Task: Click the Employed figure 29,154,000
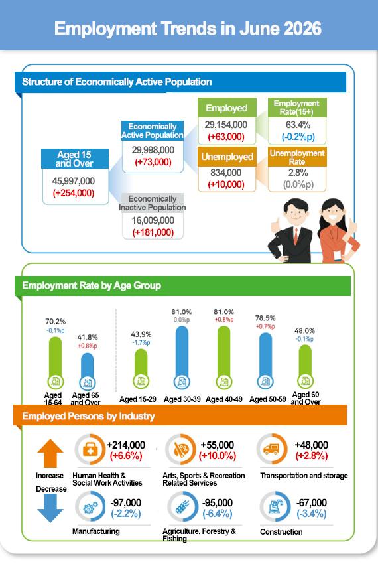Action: (226, 125)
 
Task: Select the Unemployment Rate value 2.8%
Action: (298, 173)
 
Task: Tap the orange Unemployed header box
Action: (227, 157)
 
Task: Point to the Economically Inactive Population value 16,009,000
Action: (153, 220)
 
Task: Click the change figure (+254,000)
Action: (74, 193)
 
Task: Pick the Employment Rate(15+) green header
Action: (296, 107)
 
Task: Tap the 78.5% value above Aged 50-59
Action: (265, 318)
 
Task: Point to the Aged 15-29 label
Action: (138, 399)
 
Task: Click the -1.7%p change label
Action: (141, 343)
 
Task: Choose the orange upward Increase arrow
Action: (50, 453)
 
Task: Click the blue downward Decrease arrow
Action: (50, 508)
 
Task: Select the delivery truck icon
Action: (271, 449)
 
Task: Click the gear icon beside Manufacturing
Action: (90, 507)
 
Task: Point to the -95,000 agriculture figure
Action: (218, 502)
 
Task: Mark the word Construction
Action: (281, 532)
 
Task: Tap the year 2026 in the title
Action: (302, 29)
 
